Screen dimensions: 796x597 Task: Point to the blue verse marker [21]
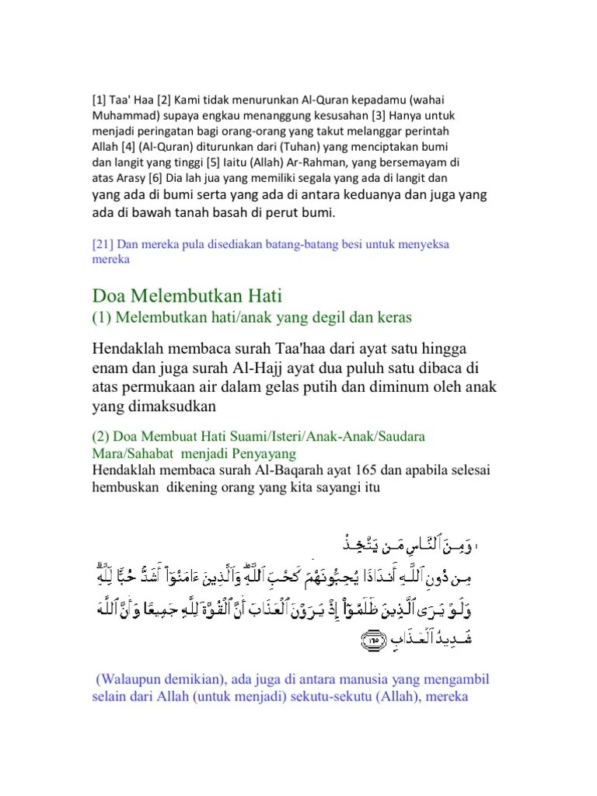tap(105, 245)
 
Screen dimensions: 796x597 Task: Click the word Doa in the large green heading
tap(110, 295)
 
